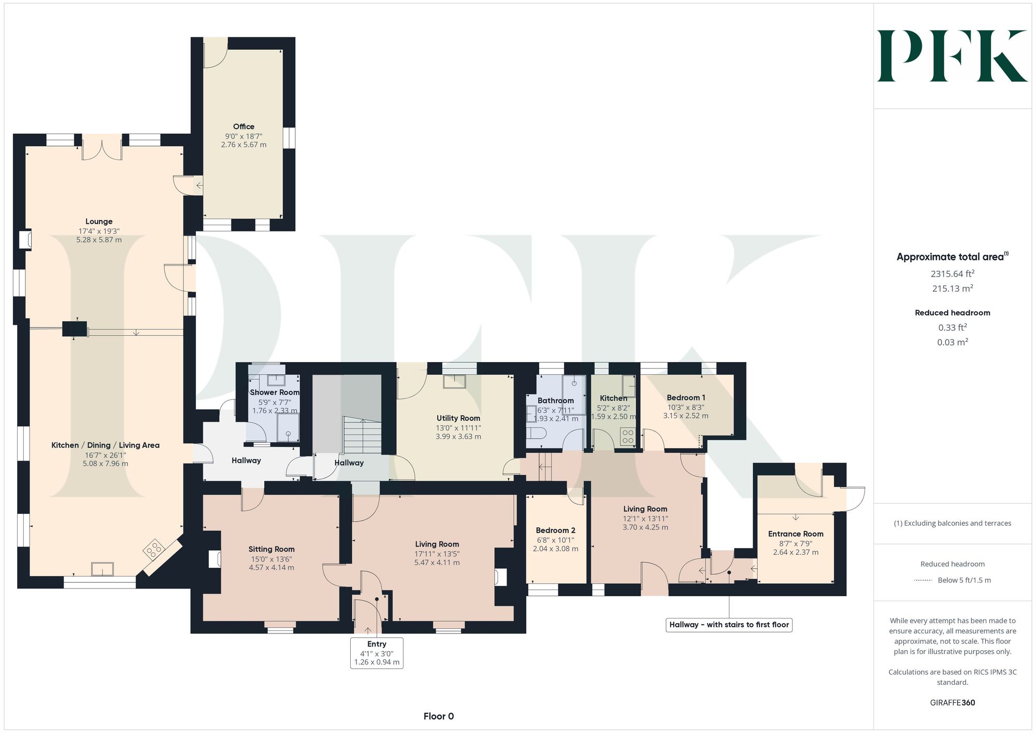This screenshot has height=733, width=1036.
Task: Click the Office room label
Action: pos(243,126)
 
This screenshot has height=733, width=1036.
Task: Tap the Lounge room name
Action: pos(99,221)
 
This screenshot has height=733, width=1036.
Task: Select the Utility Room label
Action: pos(458,418)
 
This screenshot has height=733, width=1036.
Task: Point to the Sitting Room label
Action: pos(271,549)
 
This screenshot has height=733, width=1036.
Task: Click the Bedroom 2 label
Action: pos(555,530)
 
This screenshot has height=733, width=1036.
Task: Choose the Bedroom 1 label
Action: pos(686,397)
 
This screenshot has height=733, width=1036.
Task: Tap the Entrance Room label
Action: pos(796,534)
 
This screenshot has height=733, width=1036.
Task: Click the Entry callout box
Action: pos(377,653)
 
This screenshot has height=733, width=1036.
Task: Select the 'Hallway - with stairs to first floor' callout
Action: pos(729,625)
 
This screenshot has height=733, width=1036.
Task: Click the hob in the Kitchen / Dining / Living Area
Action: pos(154,549)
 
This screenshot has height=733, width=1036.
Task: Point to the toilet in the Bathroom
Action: pos(535,433)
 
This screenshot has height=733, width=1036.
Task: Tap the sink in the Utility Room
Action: pos(454,381)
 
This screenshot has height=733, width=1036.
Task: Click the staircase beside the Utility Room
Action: pos(363,435)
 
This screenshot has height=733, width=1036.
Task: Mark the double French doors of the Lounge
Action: pos(102,147)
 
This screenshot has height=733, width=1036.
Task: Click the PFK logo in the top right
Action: pos(952,56)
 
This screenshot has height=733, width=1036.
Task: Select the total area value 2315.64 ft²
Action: pos(953,274)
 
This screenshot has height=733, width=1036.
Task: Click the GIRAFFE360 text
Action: pos(953,702)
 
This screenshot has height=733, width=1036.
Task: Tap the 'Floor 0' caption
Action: pos(439,716)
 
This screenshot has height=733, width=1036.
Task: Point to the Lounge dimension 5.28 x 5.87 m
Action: pos(99,240)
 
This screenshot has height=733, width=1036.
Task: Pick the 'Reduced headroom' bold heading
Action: pos(953,312)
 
